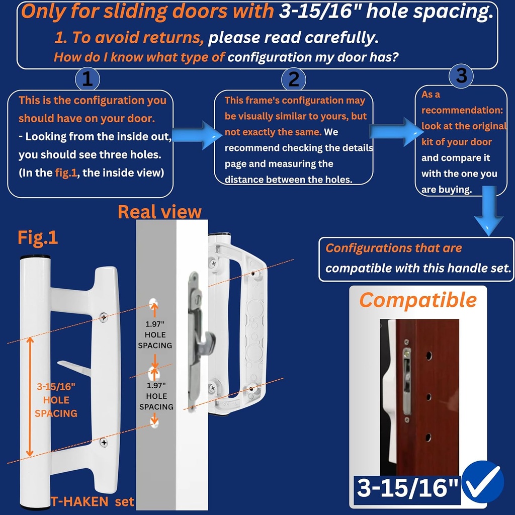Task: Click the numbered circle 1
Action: coord(87,79)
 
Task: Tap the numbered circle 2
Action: coord(294,79)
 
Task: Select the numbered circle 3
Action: coord(461,75)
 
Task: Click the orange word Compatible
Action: coord(417,300)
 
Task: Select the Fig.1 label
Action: coord(38,237)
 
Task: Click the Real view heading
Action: coord(159,212)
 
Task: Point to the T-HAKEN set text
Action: coord(93,501)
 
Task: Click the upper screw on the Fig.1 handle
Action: coord(103,317)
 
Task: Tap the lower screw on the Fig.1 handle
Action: coord(104,442)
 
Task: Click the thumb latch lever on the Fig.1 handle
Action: coord(74,370)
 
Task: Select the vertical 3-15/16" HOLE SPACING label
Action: coord(56,400)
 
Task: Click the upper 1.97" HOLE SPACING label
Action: coord(155,335)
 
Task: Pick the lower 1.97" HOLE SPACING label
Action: coord(156,396)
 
